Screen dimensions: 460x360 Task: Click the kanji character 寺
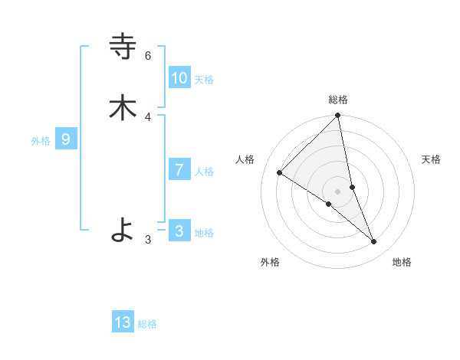[123, 47]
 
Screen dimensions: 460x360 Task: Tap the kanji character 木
[123, 107]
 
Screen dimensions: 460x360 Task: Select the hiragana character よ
[123, 229]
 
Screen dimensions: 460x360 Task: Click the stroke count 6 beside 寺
[148, 56]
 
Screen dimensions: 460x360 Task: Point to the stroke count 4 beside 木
[148, 117]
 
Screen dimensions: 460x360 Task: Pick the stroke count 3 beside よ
[148, 240]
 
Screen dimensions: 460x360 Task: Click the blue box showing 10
[179, 77]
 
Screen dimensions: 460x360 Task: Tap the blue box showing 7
[179, 170]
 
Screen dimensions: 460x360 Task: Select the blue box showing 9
[66, 139]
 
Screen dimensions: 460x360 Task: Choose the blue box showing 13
[123, 322]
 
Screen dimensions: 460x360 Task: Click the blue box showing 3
[179, 231]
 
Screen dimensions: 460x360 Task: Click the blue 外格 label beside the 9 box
[41, 141]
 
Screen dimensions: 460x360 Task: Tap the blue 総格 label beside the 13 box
[147, 325]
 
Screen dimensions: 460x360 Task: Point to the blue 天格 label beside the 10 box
[204, 80]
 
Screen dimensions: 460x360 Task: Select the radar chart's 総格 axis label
[338, 100]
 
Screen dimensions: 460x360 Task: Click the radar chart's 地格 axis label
[402, 262]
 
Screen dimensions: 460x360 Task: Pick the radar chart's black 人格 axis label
[245, 159]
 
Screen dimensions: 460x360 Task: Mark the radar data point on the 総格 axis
[338, 116]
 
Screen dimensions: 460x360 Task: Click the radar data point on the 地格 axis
[374, 241]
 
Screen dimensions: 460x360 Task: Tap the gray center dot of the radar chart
[338, 191]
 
